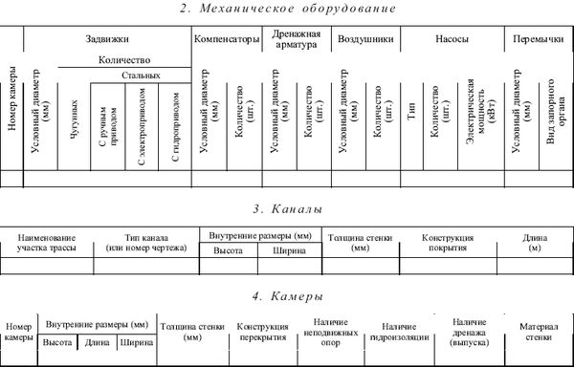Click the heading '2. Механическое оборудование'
coord(287,9)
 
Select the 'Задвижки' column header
coord(107,39)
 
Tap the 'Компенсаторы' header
coord(227,39)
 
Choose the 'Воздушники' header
coord(366,39)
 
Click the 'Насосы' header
coord(450,39)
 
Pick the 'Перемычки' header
coord(537,39)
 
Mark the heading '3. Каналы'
coord(287,209)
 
